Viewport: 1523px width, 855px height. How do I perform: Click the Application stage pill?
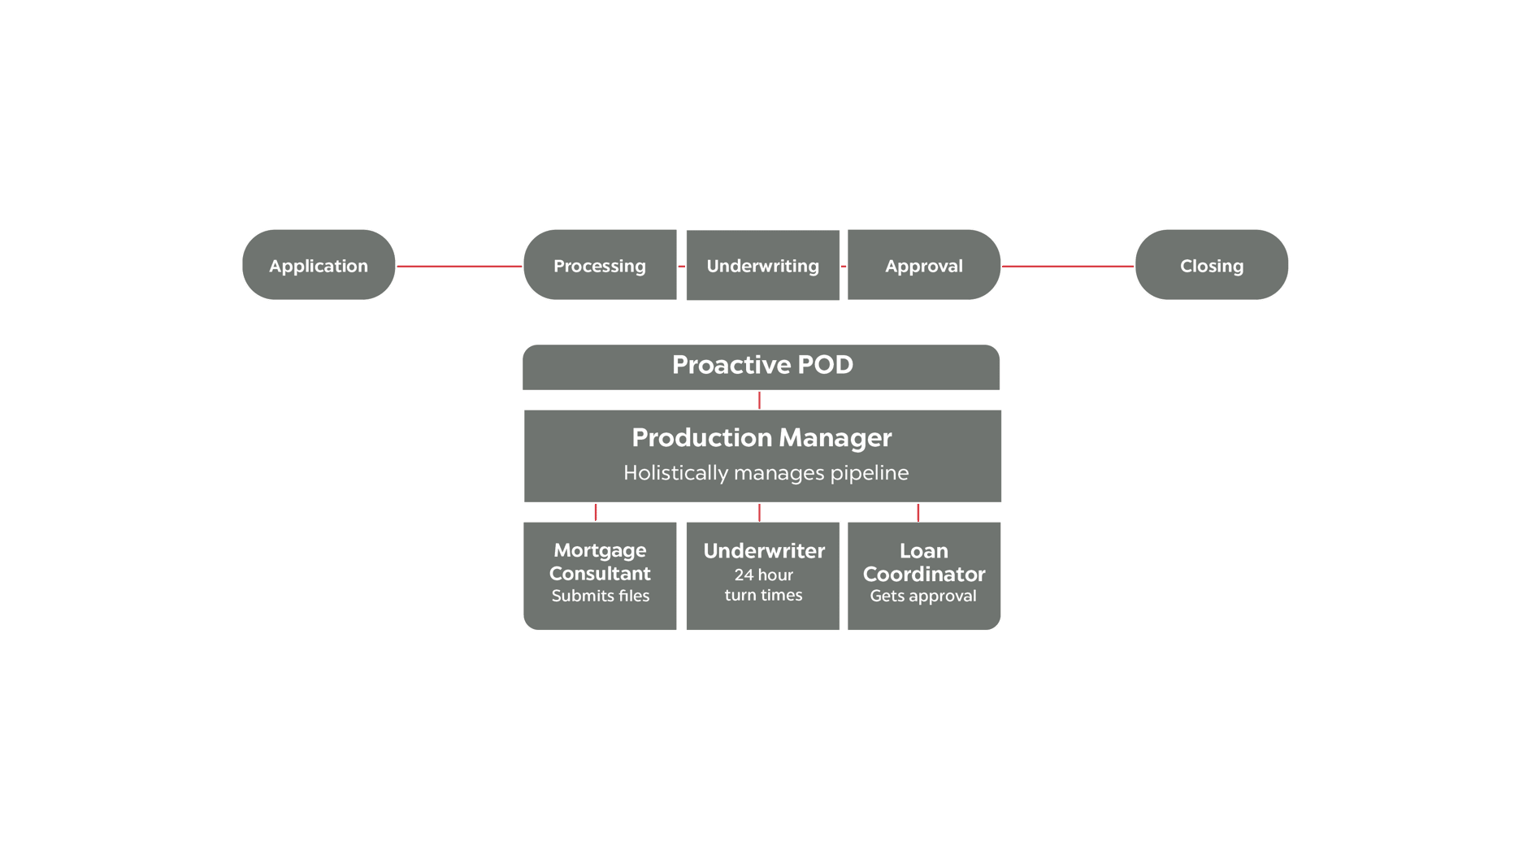pos(319,265)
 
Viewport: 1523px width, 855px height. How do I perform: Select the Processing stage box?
pos(600,265)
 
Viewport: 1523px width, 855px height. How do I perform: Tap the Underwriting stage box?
pos(762,265)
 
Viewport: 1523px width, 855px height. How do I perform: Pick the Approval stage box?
pos(924,265)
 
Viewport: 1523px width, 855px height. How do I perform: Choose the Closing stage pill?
pos(1211,265)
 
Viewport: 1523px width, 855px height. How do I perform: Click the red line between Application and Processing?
pos(459,266)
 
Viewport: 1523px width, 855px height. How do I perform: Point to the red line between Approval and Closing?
pos(1068,266)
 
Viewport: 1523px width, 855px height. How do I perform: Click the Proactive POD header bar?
pos(761,367)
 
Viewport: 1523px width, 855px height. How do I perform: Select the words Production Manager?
pos(761,437)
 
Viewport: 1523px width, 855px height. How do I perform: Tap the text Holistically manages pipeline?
pos(766,473)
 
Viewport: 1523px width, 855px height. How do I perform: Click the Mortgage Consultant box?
pos(600,575)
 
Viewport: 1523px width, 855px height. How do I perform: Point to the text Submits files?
pos(601,596)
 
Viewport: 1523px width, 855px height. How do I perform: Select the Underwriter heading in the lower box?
pos(764,551)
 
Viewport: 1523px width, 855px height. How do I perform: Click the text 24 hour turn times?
pos(763,585)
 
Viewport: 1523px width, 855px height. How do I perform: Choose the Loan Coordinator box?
pos(924,575)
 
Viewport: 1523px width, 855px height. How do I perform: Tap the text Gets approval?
pos(923,596)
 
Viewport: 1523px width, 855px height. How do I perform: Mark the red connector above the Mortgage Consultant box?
pos(597,512)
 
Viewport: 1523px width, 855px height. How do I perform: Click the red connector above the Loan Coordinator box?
pos(918,512)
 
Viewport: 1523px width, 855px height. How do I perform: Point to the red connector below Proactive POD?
pos(760,400)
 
